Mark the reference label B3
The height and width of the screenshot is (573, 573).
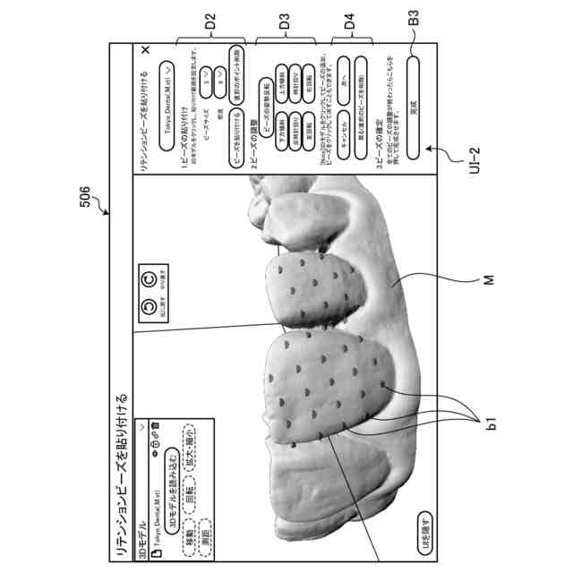415,19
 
